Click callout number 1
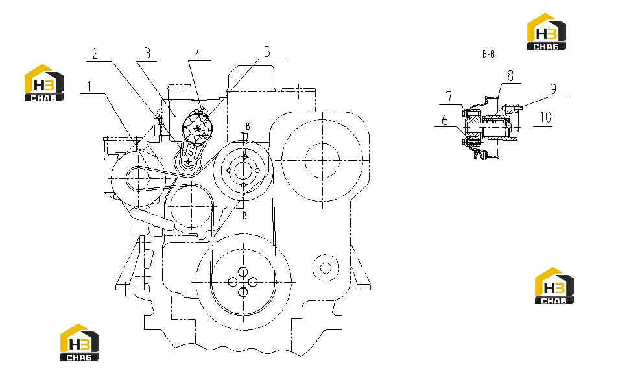[x=89, y=86]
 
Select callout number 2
[x=95, y=53]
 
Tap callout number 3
[x=147, y=53]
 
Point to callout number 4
[x=199, y=53]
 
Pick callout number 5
[x=267, y=51]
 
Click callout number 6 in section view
[x=445, y=120]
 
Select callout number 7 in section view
[x=449, y=97]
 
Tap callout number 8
[x=510, y=75]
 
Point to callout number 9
[x=553, y=89]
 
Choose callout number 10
[x=546, y=117]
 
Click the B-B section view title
[x=488, y=54]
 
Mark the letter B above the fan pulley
[x=248, y=126]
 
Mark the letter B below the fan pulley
[x=244, y=215]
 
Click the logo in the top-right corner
[x=546, y=32]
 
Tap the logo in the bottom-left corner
[x=80, y=342]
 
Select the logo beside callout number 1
[x=44, y=83]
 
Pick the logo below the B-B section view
[x=554, y=286]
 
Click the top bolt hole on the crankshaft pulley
[x=243, y=272]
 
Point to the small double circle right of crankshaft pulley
[x=326, y=268]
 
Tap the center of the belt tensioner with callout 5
[x=198, y=129]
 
